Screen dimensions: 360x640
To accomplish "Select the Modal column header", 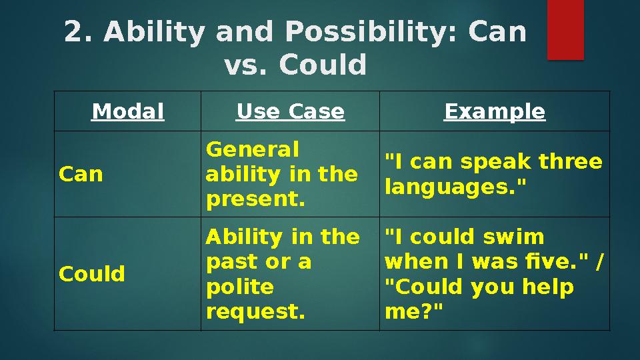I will [x=127, y=111].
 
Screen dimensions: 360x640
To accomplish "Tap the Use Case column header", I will [x=290, y=111].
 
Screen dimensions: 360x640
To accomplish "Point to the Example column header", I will [x=495, y=111].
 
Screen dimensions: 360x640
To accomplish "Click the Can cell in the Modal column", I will [x=81, y=174].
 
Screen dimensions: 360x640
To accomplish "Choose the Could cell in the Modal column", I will [x=92, y=273].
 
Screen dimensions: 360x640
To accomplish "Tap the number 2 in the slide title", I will [x=77, y=31].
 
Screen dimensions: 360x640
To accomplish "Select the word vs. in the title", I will [x=247, y=65].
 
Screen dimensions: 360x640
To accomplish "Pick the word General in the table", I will [x=252, y=149].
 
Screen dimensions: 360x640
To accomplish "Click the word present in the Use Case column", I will [x=252, y=199].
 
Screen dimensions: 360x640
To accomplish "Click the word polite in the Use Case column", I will [x=239, y=287].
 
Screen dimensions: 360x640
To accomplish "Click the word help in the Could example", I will [x=548, y=287].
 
